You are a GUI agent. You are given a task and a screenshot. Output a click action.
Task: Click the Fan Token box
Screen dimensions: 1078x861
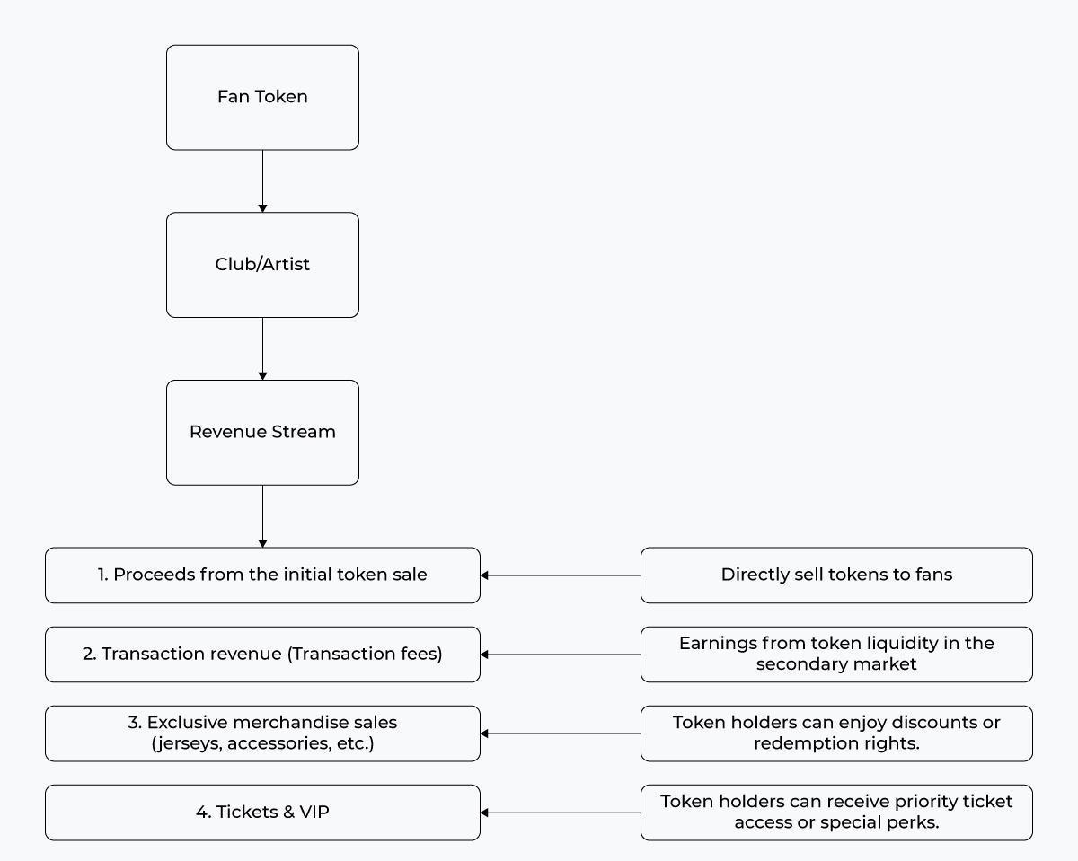262,98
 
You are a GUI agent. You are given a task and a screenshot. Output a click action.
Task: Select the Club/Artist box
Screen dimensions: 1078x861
262,265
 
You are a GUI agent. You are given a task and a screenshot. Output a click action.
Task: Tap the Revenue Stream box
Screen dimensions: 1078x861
262,433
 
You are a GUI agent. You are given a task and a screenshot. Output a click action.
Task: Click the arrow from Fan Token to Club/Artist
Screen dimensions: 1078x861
262,181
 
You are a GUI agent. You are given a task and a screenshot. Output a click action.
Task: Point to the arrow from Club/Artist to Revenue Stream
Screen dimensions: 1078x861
262,349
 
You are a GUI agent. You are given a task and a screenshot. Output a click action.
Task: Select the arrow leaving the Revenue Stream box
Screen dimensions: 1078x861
262,516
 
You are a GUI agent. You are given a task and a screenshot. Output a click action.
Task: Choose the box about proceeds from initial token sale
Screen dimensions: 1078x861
262,575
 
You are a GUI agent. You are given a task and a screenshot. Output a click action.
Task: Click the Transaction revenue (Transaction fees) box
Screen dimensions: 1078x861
262,655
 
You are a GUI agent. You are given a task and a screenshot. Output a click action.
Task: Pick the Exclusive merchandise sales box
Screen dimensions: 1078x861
262,734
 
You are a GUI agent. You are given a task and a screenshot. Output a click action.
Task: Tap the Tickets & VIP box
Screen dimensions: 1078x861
262,813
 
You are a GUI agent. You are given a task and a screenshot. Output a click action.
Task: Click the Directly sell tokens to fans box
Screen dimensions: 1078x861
836,575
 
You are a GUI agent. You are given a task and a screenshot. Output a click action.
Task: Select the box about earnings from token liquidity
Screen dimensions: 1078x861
836,655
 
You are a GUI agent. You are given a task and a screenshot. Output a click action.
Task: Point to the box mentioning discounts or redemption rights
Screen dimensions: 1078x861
836,734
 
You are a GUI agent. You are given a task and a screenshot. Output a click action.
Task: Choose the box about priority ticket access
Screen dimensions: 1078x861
836,813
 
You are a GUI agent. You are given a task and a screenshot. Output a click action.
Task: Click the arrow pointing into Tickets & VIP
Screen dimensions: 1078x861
560,813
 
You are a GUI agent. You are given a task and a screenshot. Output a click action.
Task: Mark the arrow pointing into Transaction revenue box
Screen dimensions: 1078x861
560,655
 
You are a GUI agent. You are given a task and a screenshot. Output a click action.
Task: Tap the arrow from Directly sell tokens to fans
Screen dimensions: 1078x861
560,575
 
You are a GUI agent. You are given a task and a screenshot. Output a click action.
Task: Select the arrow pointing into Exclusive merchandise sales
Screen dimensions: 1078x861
560,734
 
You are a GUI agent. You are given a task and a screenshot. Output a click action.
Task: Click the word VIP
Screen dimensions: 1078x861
314,812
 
